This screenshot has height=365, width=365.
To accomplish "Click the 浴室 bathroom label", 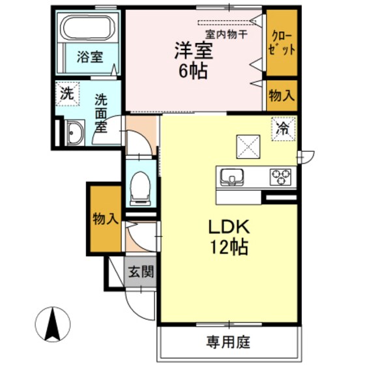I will click(x=90, y=57).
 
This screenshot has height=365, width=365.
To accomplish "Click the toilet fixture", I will click(x=140, y=188).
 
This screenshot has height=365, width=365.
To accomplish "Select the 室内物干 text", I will click(x=226, y=34).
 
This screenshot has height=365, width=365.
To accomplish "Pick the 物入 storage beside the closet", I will click(x=282, y=95).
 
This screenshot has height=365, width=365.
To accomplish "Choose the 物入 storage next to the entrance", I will click(x=104, y=218).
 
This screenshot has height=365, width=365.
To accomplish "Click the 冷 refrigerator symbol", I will click(x=284, y=128).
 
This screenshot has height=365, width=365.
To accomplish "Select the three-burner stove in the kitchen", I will click(x=281, y=176).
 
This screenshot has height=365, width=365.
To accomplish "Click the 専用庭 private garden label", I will click(x=229, y=342).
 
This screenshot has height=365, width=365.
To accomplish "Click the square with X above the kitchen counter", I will click(x=248, y=145).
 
